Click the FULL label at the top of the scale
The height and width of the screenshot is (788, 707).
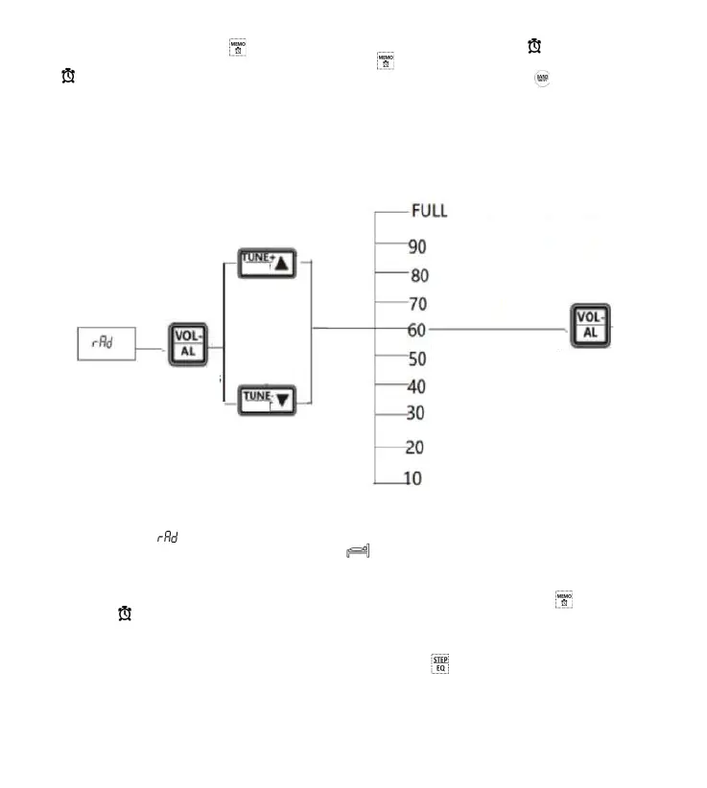(429, 211)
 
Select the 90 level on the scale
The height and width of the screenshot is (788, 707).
(417, 246)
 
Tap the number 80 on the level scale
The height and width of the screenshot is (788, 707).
(418, 276)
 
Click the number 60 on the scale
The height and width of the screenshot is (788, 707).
(417, 330)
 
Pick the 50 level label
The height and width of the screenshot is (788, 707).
(417, 359)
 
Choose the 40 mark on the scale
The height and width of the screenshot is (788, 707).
(417, 387)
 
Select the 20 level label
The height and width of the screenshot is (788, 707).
(414, 448)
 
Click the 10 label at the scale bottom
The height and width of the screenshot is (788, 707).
(412, 478)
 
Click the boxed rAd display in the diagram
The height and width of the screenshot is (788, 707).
(106, 343)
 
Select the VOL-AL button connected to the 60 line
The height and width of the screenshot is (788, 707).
(591, 326)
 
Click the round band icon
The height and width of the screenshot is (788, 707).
(543, 80)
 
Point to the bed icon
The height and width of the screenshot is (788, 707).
(358, 551)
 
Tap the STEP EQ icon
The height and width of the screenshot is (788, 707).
(440, 663)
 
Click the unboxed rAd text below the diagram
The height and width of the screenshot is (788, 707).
(169, 540)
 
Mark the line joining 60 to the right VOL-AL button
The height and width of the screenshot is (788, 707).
(499, 329)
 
